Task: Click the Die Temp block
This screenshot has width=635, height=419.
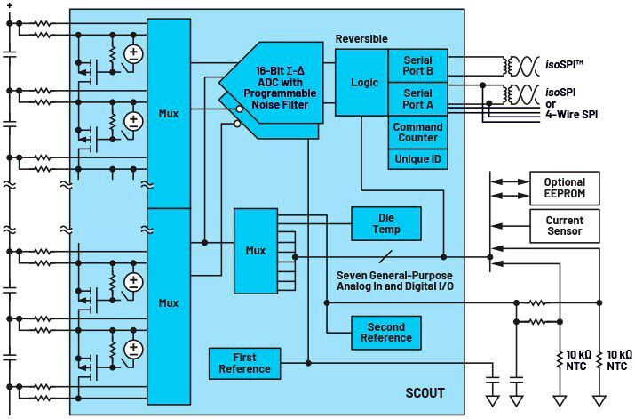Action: pos(386,223)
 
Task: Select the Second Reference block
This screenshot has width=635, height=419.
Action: pos(386,332)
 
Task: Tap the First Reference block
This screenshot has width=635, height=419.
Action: pos(244,364)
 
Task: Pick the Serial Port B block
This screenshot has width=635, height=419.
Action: pos(417,65)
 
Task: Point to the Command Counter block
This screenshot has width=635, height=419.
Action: pos(417,132)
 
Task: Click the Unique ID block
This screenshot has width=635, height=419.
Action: pos(417,158)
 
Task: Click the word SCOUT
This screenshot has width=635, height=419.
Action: pos(426,392)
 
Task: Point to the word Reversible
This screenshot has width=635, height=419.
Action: pos(362,38)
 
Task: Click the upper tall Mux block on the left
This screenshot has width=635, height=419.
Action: pos(169,113)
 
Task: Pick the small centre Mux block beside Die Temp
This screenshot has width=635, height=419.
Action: pos(256,250)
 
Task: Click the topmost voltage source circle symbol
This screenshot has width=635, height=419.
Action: pos(133,53)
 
